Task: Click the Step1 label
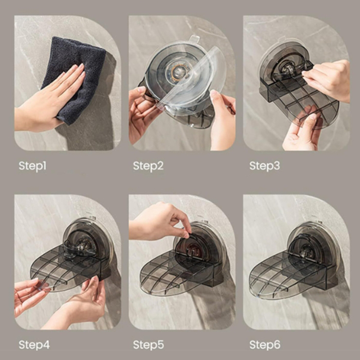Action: [x=32, y=166]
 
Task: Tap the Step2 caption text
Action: [x=148, y=166]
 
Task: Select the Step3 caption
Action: [x=265, y=166]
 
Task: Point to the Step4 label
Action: [x=34, y=345]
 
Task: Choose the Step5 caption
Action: [x=148, y=345]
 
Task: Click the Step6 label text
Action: [x=265, y=345]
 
